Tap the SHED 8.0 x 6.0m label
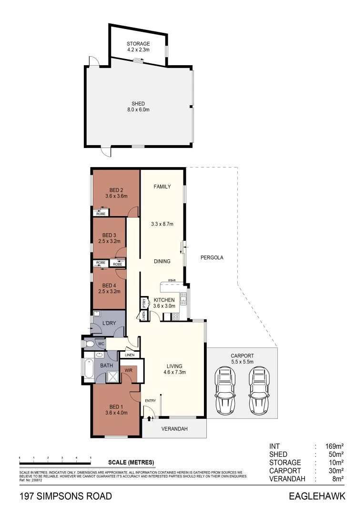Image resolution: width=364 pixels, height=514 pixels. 138,107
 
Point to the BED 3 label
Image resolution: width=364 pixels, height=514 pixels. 109,238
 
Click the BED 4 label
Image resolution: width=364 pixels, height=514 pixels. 109,288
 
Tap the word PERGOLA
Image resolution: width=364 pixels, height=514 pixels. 212,257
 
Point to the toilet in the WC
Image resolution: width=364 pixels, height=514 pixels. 89,344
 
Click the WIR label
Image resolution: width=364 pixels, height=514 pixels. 128,370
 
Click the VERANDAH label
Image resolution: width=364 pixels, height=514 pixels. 174,429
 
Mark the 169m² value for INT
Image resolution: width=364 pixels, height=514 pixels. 334,446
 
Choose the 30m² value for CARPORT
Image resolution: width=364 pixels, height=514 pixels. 335,471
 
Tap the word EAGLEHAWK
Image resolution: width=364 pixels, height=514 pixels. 316,497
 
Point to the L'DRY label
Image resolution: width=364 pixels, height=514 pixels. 109,324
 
